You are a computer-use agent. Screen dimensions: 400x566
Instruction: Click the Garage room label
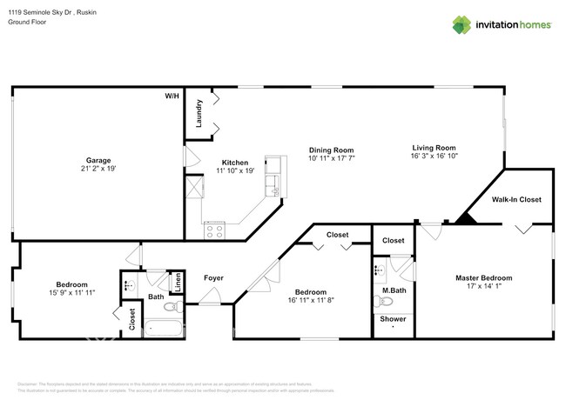coord(98,160)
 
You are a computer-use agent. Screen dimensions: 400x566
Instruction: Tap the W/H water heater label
coord(172,96)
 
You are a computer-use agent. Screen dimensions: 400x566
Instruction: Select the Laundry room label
coord(199,114)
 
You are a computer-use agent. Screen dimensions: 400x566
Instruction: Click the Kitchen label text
coord(235,163)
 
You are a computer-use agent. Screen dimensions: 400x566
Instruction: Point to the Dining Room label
coord(331,150)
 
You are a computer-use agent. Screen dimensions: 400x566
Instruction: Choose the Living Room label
coord(434,148)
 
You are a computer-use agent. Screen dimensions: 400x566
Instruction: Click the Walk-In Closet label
coord(516,199)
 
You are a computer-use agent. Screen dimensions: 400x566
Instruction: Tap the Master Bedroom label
coord(484,278)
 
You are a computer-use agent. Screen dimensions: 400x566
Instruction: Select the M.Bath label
coord(394,290)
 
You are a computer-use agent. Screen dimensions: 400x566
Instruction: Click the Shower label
coord(393,319)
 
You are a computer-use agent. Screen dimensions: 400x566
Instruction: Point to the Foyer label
coord(213,278)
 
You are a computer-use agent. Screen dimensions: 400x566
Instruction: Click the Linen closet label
coord(177,280)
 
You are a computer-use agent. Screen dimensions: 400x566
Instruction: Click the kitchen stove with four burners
coord(214,230)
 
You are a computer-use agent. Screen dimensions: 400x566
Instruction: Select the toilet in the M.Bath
coord(383,303)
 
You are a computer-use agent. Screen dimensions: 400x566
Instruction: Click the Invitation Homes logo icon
coord(462,24)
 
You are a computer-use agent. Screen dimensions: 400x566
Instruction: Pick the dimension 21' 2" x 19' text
coord(98,169)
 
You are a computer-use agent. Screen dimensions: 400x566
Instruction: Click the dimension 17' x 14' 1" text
coord(484,287)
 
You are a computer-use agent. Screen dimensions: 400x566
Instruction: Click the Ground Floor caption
coord(28,22)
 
